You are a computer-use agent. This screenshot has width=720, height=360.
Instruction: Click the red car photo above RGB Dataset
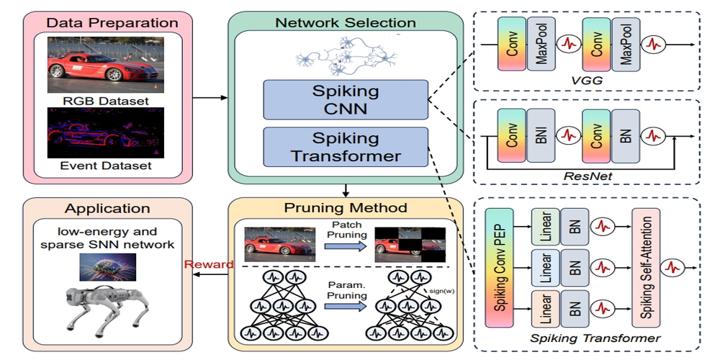pos(105,66)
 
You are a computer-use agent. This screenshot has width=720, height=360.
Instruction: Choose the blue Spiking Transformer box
pos(346,146)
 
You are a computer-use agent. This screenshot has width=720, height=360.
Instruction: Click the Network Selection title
pos(346,22)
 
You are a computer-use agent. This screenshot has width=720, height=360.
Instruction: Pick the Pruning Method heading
pos(346,208)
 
